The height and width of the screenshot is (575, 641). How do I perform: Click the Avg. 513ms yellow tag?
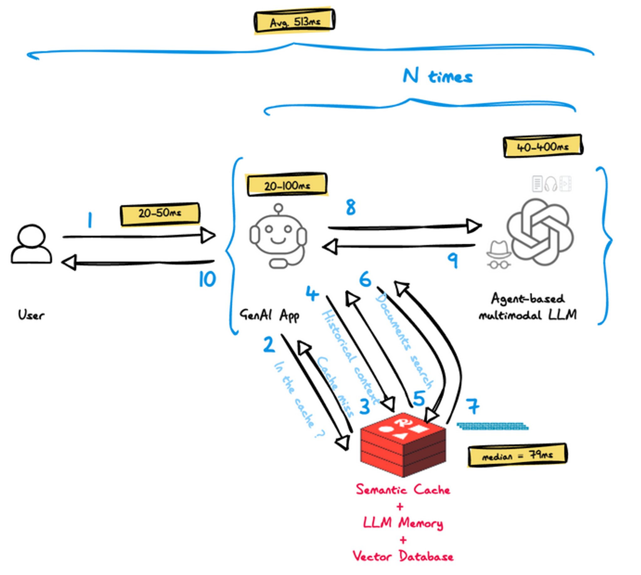click(x=294, y=21)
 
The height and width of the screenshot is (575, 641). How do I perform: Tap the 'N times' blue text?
click(x=438, y=76)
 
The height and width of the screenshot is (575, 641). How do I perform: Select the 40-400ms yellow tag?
click(x=542, y=146)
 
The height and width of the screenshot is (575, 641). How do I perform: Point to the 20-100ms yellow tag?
click(x=287, y=185)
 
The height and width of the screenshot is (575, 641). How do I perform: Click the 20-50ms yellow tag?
click(x=160, y=214)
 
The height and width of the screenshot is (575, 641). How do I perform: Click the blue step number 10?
click(x=207, y=279)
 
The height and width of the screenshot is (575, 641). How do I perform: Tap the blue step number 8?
click(x=351, y=207)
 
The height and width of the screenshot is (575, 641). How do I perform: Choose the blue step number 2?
click(x=269, y=344)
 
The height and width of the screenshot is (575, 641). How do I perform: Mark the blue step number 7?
click(x=473, y=406)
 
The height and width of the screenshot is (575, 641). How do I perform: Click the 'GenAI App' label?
click(x=269, y=315)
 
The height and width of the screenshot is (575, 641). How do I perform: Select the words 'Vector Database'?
click(x=403, y=556)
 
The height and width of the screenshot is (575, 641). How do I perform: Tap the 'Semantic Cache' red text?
click(x=403, y=490)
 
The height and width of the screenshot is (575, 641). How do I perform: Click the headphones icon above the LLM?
click(x=550, y=184)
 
